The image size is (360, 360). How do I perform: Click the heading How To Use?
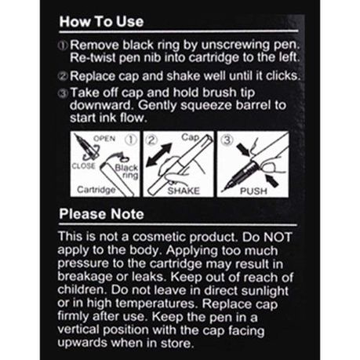click(101, 21)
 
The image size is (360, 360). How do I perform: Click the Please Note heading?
click(101, 214)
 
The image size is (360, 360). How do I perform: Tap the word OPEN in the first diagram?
click(104, 139)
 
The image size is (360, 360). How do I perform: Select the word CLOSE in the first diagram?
click(83, 165)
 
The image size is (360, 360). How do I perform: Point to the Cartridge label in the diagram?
click(96, 190)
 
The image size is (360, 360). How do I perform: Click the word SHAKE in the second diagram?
click(184, 191)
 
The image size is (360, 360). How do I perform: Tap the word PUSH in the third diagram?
click(253, 191)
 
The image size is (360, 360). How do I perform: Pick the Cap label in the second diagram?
click(191, 137)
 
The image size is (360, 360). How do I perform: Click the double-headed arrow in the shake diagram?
click(158, 155)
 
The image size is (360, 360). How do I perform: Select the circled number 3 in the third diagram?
click(227, 140)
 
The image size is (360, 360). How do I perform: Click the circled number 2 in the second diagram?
click(151, 140)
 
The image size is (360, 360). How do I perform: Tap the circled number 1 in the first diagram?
click(131, 140)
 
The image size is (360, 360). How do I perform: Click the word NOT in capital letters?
click(277, 237)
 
